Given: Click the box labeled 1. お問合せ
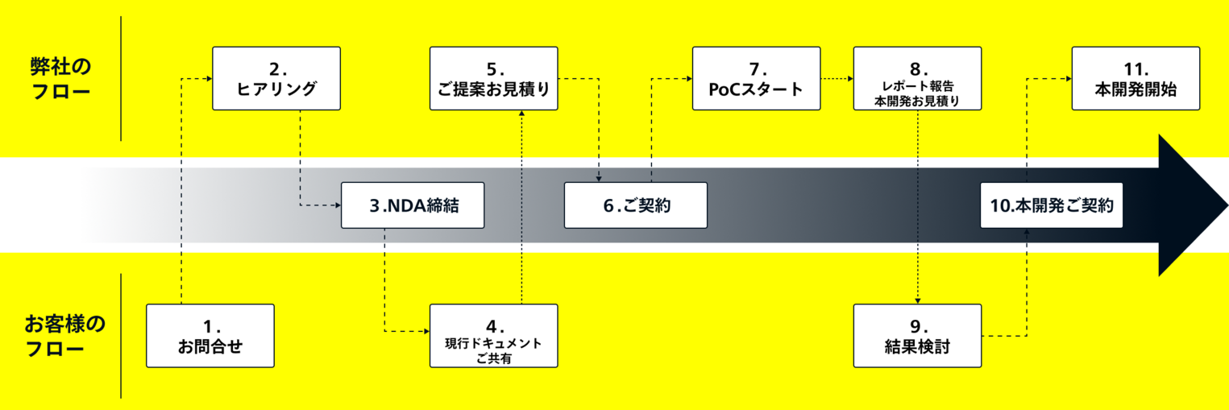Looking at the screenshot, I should [210, 336].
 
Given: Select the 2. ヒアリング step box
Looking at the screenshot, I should [276, 78].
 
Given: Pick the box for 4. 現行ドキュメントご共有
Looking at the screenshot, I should [493, 336].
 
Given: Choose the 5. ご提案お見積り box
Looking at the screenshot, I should [493, 78].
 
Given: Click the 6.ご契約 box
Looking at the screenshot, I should [635, 205].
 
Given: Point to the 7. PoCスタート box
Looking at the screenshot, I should [756, 78].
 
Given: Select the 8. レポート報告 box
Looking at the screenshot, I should [917, 78].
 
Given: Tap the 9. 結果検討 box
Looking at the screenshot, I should [917, 336].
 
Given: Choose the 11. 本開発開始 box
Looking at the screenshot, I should [1136, 78].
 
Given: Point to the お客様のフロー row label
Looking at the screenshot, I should [64, 336].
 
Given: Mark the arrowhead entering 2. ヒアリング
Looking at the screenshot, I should [208, 78].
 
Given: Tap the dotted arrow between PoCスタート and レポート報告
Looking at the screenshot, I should [837, 78].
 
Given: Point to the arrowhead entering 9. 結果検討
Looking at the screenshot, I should [918, 299].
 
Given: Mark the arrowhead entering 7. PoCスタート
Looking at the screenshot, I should [688, 78].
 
